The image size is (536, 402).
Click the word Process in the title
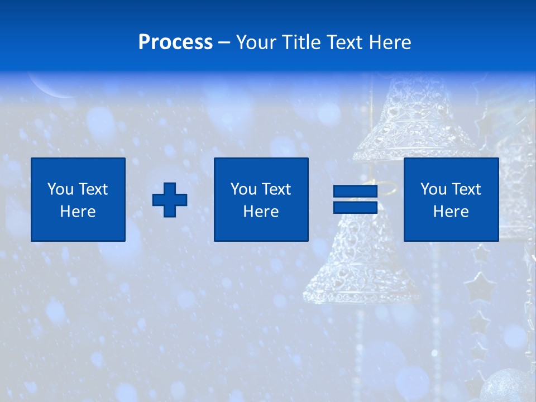175,42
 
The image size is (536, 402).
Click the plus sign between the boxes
170,199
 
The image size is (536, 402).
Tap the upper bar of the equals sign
356,192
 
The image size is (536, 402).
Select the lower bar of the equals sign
356,207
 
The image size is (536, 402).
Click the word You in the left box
60,189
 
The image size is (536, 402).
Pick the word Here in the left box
78,212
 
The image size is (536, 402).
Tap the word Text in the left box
93,189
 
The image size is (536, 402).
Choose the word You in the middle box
243,189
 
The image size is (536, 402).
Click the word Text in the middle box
276,189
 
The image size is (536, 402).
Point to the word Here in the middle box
261,212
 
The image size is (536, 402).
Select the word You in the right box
433,189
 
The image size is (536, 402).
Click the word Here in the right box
451,212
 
